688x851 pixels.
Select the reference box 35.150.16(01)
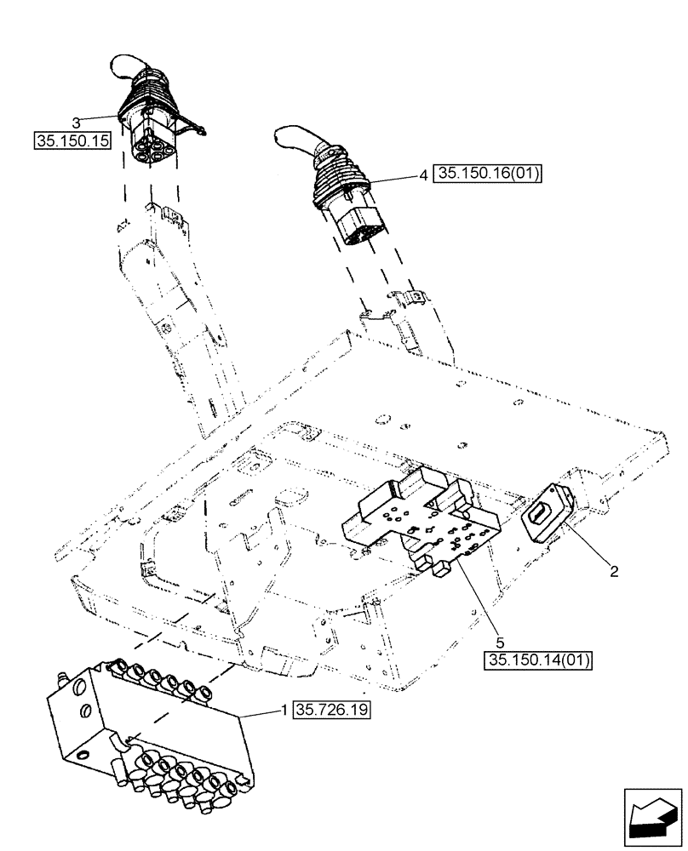[x=488, y=174]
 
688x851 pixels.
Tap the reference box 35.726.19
[x=335, y=708]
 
